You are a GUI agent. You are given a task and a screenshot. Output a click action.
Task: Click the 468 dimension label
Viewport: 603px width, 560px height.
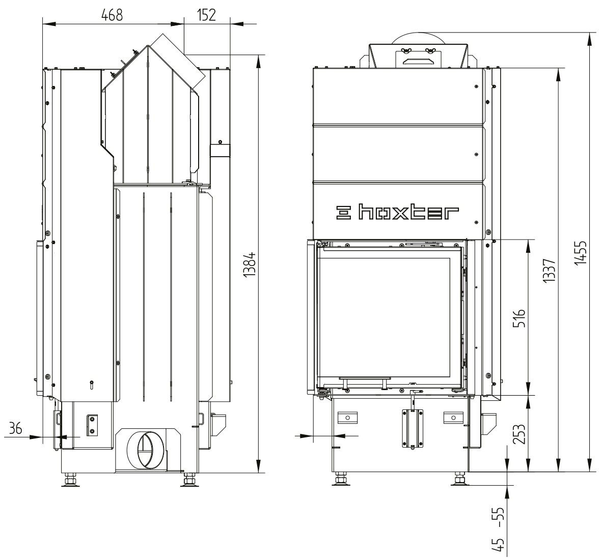tap(112, 14)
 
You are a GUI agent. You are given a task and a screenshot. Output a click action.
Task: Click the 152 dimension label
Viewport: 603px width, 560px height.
tap(206, 14)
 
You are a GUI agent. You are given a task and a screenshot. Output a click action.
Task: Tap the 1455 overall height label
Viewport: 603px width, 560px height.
tap(581, 253)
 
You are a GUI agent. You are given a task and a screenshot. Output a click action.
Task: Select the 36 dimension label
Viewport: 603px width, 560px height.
tap(16, 429)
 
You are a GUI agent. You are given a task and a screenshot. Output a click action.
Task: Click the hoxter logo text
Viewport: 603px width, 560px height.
tap(397, 213)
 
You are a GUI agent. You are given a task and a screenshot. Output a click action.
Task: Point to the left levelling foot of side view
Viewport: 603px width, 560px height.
tap(70, 480)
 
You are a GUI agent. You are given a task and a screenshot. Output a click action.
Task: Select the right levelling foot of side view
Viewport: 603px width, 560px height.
tap(189, 480)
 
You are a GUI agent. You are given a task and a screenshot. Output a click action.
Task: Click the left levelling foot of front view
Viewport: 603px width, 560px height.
tap(341, 480)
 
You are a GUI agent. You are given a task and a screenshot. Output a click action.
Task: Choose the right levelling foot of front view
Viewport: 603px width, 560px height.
tap(460, 480)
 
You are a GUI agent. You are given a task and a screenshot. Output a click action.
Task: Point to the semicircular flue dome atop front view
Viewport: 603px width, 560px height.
tap(417, 37)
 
